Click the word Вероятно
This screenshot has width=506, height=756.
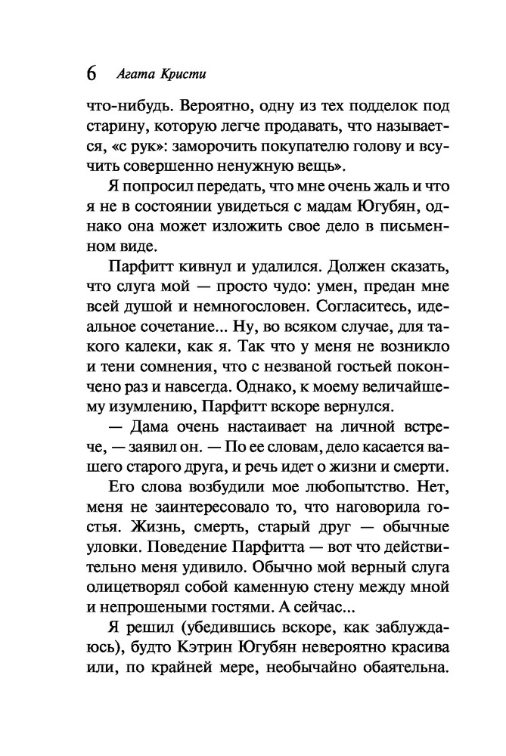click(x=203, y=108)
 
